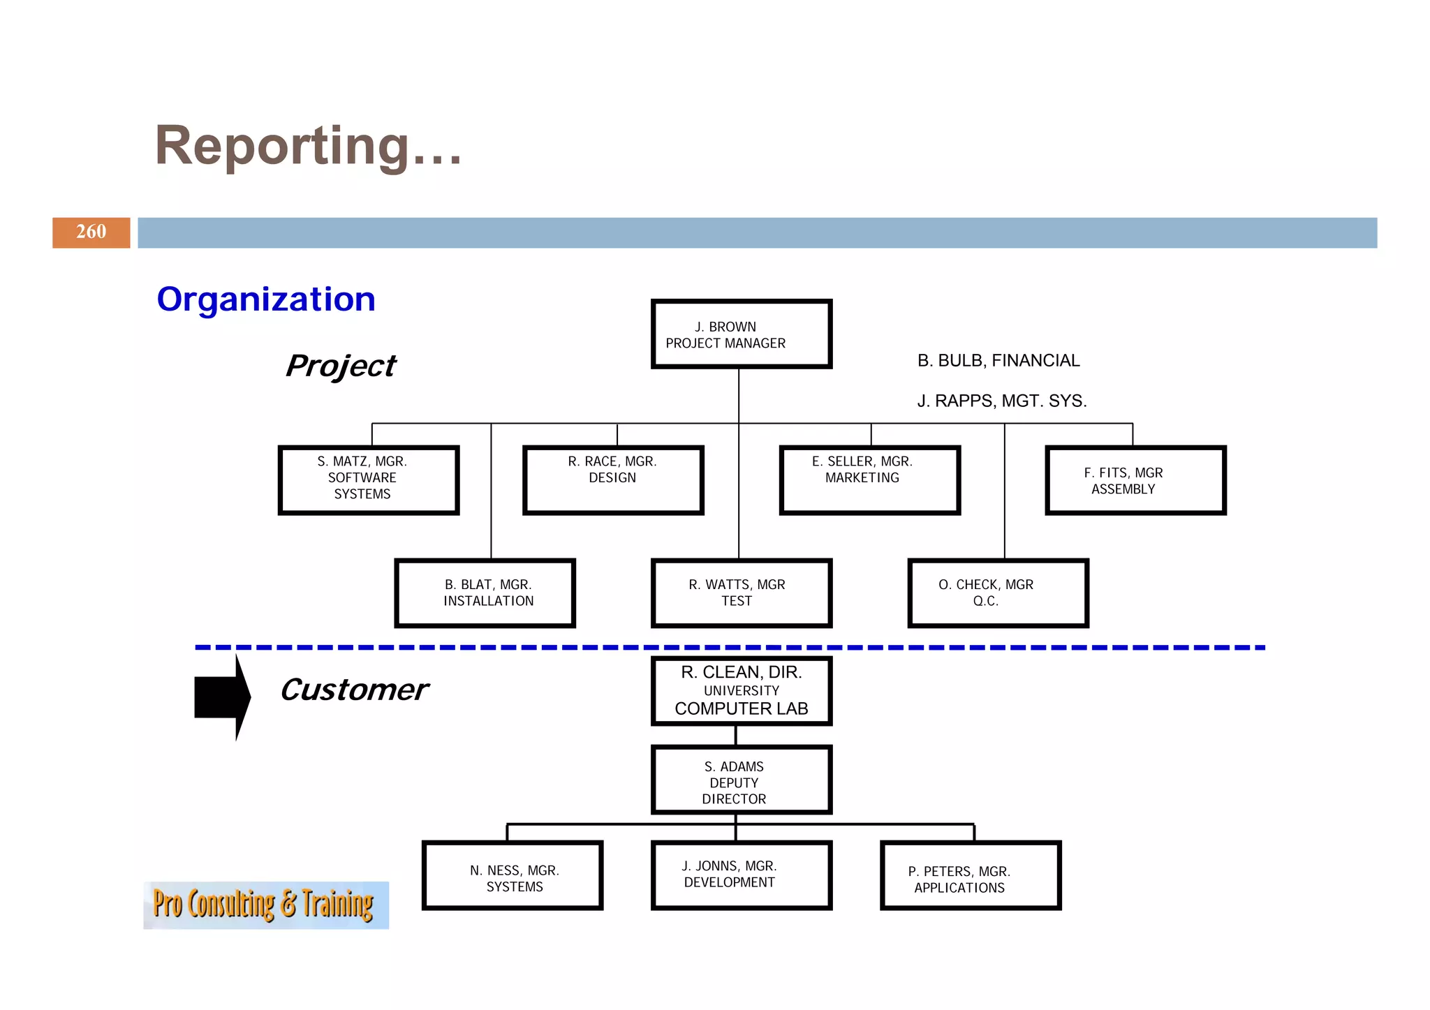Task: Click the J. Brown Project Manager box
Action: click(x=741, y=334)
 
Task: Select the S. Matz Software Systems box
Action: click(x=369, y=480)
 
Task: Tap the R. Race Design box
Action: click(x=613, y=480)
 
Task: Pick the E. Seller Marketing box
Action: click(x=869, y=480)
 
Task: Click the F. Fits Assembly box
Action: click(x=1135, y=480)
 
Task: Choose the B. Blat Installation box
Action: click(x=485, y=593)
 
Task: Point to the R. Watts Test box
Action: click(x=741, y=593)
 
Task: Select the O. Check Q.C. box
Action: click(x=998, y=593)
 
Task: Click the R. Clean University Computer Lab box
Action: click(x=741, y=690)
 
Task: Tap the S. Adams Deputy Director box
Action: click(x=741, y=780)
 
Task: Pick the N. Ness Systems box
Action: click(x=513, y=875)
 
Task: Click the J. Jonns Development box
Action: click(x=741, y=875)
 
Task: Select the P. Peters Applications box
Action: click(x=970, y=875)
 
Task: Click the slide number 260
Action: click(x=91, y=232)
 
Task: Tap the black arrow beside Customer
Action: click(x=222, y=697)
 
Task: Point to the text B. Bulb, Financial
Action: click(x=998, y=361)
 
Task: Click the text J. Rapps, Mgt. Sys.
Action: click(x=1001, y=401)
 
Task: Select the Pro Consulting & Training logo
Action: click(x=265, y=905)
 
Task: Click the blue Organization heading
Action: click(x=266, y=299)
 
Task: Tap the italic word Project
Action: click(x=341, y=366)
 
